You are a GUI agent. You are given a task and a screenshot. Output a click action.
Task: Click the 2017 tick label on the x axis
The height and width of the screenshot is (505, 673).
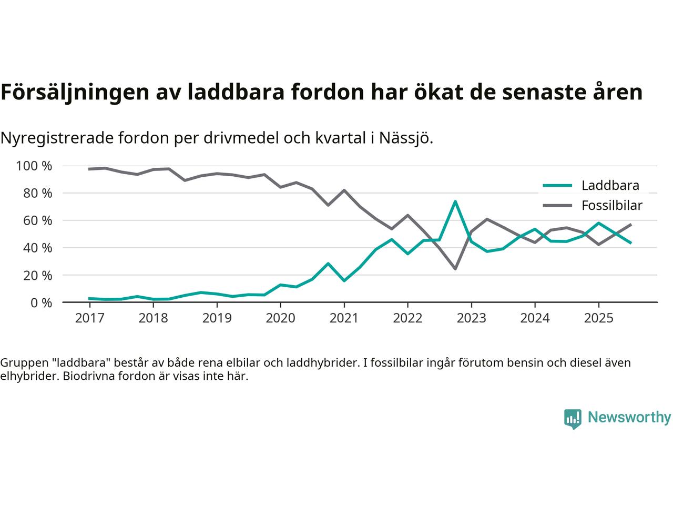(89, 318)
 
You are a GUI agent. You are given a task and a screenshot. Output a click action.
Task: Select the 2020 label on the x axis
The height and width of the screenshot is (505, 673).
(280, 318)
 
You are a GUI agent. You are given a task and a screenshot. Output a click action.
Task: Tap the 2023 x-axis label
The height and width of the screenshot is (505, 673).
(471, 318)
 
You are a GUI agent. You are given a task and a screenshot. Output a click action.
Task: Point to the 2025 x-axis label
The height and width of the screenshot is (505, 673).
(598, 318)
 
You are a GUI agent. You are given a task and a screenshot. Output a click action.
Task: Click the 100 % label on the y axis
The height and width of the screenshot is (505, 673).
(34, 166)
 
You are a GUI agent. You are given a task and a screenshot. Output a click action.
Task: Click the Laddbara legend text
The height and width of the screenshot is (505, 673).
(610, 185)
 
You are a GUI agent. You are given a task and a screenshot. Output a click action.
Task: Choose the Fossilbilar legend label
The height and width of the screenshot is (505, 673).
(611, 206)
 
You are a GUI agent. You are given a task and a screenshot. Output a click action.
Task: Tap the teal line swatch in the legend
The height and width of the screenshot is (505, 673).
(557, 185)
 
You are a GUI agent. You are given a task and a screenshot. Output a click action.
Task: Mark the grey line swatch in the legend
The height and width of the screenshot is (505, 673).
(557, 206)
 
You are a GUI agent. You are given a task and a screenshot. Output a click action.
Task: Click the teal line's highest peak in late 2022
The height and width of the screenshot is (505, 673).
(455, 201)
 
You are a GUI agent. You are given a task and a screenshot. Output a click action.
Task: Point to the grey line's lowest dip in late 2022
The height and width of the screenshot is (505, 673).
(455, 269)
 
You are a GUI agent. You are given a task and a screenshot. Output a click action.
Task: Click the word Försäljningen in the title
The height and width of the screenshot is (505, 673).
(73, 92)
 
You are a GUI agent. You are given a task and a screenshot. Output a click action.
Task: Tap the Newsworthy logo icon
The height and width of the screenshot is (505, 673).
(573, 419)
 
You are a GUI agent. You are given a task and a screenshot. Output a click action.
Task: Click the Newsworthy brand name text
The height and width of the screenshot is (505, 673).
(629, 418)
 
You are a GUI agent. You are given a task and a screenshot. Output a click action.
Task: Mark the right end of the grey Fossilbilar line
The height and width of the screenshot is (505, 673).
(631, 225)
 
